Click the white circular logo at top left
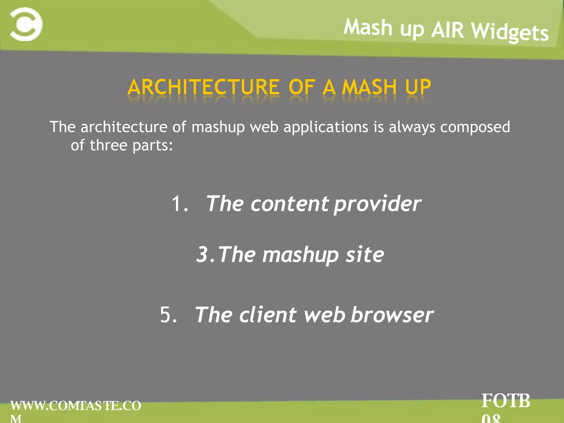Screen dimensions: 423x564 pyautogui.click(x=26, y=25)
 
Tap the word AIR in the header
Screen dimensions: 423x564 pyautogui.click(x=448, y=30)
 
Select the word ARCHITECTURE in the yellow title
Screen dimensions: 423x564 pyautogui.click(x=204, y=87)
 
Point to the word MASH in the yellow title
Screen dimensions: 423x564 pyautogui.click(x=369, y=87)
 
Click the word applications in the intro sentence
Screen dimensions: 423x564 pyautogui.click(x=326, y=127)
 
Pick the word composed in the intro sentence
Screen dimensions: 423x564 pyautogui.click(x=475, y=128)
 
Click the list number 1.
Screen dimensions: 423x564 pyautogui.click(x=180, y=204)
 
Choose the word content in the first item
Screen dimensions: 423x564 pyautogui.click(x=289, y=204)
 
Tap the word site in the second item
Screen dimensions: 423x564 pyautogui.click(x=365, y=255)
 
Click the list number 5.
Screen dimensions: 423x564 pyautogui.click(x=168, y=315)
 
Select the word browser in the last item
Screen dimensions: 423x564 pyautogui.click(x=392, y=315)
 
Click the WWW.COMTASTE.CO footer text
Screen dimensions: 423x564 pyautogui.click(x=76, y=406)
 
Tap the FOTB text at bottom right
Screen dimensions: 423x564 pyautogui.click(x=506, y=401)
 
